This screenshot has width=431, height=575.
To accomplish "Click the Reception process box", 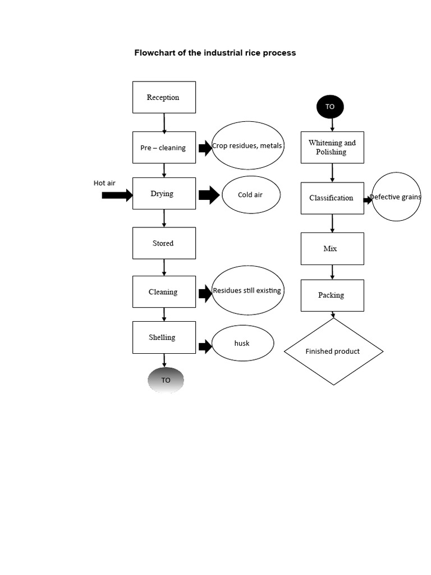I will click(x=164, y=97).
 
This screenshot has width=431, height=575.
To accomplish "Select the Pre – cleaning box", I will click(x=164, y=148).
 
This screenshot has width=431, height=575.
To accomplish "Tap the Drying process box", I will click(x=164, y=194).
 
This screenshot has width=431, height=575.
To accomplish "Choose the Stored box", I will click(x=164, y=243).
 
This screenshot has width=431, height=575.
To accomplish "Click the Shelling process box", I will click(x=164, y=337).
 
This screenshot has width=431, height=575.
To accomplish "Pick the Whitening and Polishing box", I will click(x=332, y=148).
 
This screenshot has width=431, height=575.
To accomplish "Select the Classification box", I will click(x=332, y=198).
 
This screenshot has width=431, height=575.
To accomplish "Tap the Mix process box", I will click(x=332, y=249).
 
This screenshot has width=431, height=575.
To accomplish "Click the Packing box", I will click(x=332, y=295).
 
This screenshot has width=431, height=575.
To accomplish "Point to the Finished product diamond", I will click(x=333, y=352).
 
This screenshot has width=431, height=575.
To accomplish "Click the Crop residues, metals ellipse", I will click(x=247, y=145).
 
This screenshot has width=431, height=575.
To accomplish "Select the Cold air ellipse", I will click(x=251, y=195).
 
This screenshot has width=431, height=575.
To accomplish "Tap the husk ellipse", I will click(x=242, y=343).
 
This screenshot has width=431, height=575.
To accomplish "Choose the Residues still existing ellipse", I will click(x=247, y=290).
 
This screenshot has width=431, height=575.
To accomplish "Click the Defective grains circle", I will click(x=396, y=197).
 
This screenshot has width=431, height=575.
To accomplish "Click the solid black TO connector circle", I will click(x=330, y=107).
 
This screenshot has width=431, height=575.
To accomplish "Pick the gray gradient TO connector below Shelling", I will click(x=166, y=380).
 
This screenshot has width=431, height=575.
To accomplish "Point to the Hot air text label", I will click(x=104, y=183).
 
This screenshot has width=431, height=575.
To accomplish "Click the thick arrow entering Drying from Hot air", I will click(x=117, y=195).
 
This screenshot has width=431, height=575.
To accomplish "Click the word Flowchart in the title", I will click(x=154, y=53).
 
